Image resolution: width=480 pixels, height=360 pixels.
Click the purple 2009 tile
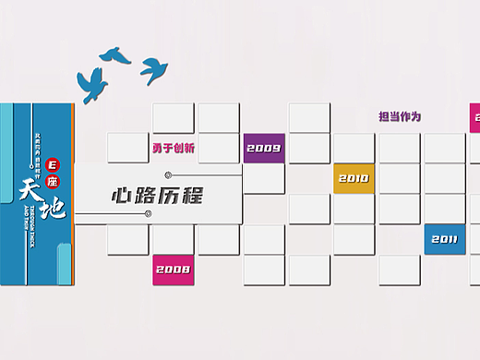(264, 149)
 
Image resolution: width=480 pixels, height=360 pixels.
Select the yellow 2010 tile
(354, 178)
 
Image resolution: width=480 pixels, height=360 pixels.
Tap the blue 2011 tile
(444, 239)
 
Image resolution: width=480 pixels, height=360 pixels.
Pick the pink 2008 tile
(174, 270)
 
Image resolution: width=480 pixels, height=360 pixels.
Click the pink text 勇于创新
(174, 148)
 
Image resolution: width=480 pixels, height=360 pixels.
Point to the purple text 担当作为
(399, 117)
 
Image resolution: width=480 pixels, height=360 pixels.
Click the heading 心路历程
(156, 196)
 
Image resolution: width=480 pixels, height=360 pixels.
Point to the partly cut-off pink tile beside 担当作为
(475, 117)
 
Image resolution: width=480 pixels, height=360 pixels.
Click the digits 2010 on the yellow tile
(354, 178)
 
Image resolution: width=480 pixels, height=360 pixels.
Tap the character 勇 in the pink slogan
(158, 148)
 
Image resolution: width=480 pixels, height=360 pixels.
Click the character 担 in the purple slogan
(383, 117)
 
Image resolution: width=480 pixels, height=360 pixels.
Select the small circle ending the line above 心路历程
(167, 174)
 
